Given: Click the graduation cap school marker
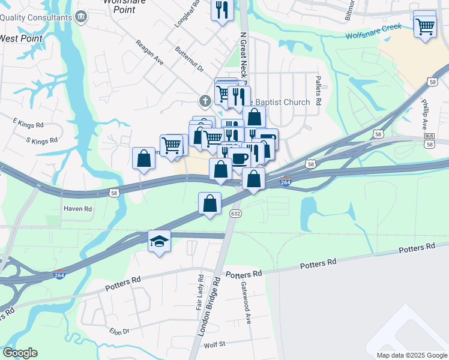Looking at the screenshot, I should pos(159,241).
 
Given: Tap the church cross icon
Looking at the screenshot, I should pos(205,101).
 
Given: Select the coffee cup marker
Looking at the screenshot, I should pos(240,158).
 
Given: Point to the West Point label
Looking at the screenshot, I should pos(22,38).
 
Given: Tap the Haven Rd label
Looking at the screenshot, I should pos(78,209).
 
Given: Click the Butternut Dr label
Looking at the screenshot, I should pos(190,59).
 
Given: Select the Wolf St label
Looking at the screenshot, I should pos(214,344).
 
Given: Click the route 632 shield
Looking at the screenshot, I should pos(236,214).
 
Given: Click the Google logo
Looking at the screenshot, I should pos(20,353).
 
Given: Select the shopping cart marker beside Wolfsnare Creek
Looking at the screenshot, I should pos(425,25).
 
